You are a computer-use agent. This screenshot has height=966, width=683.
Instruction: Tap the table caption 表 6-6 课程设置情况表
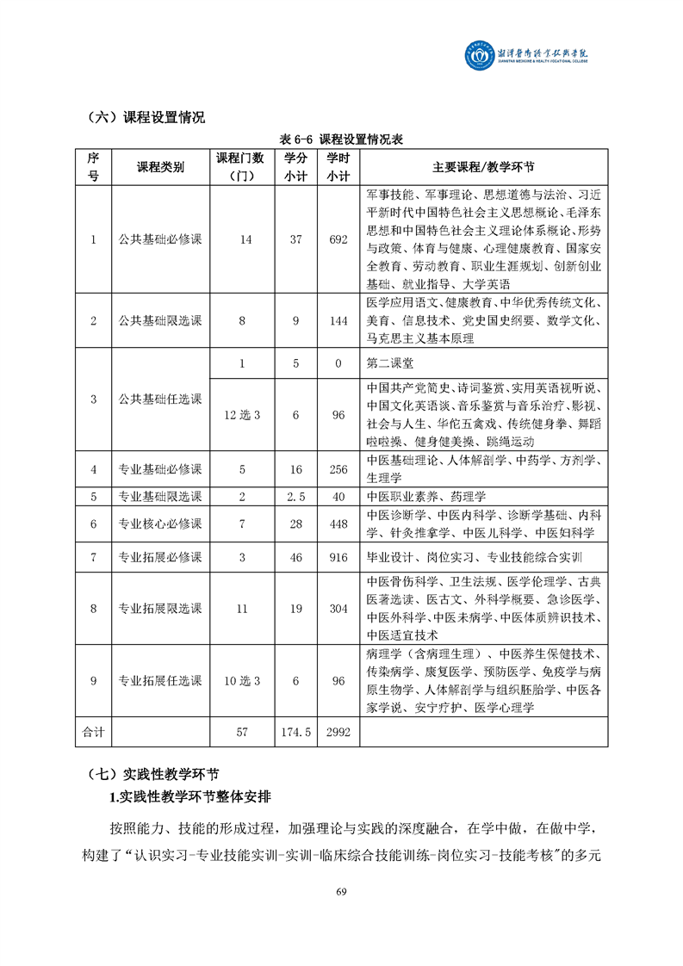pos(341,139)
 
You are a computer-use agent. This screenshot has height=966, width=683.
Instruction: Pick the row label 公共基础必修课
pos(160,239)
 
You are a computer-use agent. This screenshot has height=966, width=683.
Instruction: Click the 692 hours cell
pos(338,239)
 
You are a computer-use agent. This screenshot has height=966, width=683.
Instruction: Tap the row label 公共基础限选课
pos(160,320)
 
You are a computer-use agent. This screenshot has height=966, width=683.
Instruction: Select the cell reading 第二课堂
pos(389,363)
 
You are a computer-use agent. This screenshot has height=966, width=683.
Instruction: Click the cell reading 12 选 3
pos(242,415)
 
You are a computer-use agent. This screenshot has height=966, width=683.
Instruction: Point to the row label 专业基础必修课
pos(160,469)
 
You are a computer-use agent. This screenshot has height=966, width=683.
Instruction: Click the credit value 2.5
pos(296,497)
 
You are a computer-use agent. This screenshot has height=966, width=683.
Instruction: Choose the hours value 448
pos(338,524)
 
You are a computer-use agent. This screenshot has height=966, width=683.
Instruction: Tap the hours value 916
pos(338,557)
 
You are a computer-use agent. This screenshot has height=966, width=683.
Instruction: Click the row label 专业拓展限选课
pos(160,609)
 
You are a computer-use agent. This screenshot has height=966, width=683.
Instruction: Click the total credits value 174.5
pos(296,731)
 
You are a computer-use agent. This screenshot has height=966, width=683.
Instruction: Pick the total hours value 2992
pos(338,731)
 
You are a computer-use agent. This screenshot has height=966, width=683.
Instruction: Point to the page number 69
pos(341,891)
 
